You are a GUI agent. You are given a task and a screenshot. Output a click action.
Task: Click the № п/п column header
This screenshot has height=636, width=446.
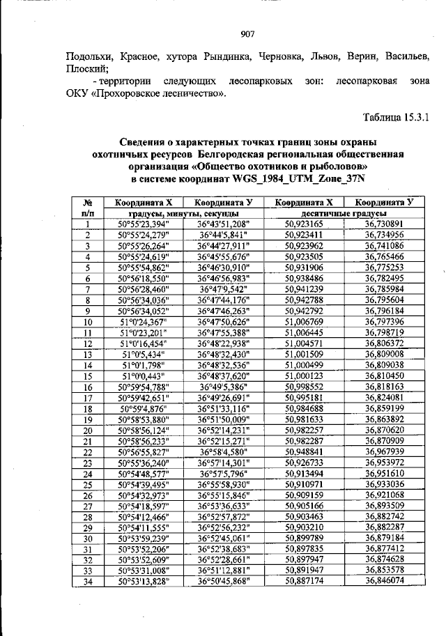88,207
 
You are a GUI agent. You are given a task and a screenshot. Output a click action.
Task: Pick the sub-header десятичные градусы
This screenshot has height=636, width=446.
344,212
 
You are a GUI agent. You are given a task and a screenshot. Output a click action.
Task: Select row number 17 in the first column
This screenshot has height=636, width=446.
88,398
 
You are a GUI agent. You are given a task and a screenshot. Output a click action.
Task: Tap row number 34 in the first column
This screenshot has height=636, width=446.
88,582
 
